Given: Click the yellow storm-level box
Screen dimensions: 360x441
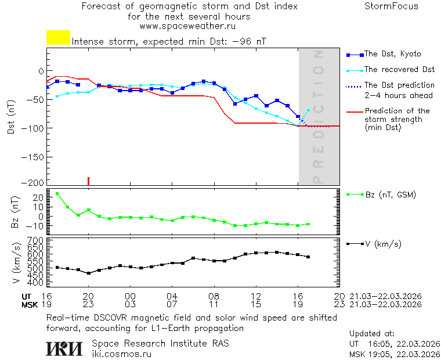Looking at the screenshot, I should coord(58,38).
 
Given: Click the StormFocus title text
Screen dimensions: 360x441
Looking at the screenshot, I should coord(391,6).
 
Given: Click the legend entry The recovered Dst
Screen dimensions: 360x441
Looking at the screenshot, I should coord(399,70).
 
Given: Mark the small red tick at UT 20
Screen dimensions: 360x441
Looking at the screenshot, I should coord(88,181).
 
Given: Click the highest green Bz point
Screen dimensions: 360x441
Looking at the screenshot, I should coord(57,194).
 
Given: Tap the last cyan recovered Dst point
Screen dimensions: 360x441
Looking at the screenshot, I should coord(308,110).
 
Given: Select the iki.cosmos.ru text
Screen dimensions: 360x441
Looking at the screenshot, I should coord(122,353).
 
